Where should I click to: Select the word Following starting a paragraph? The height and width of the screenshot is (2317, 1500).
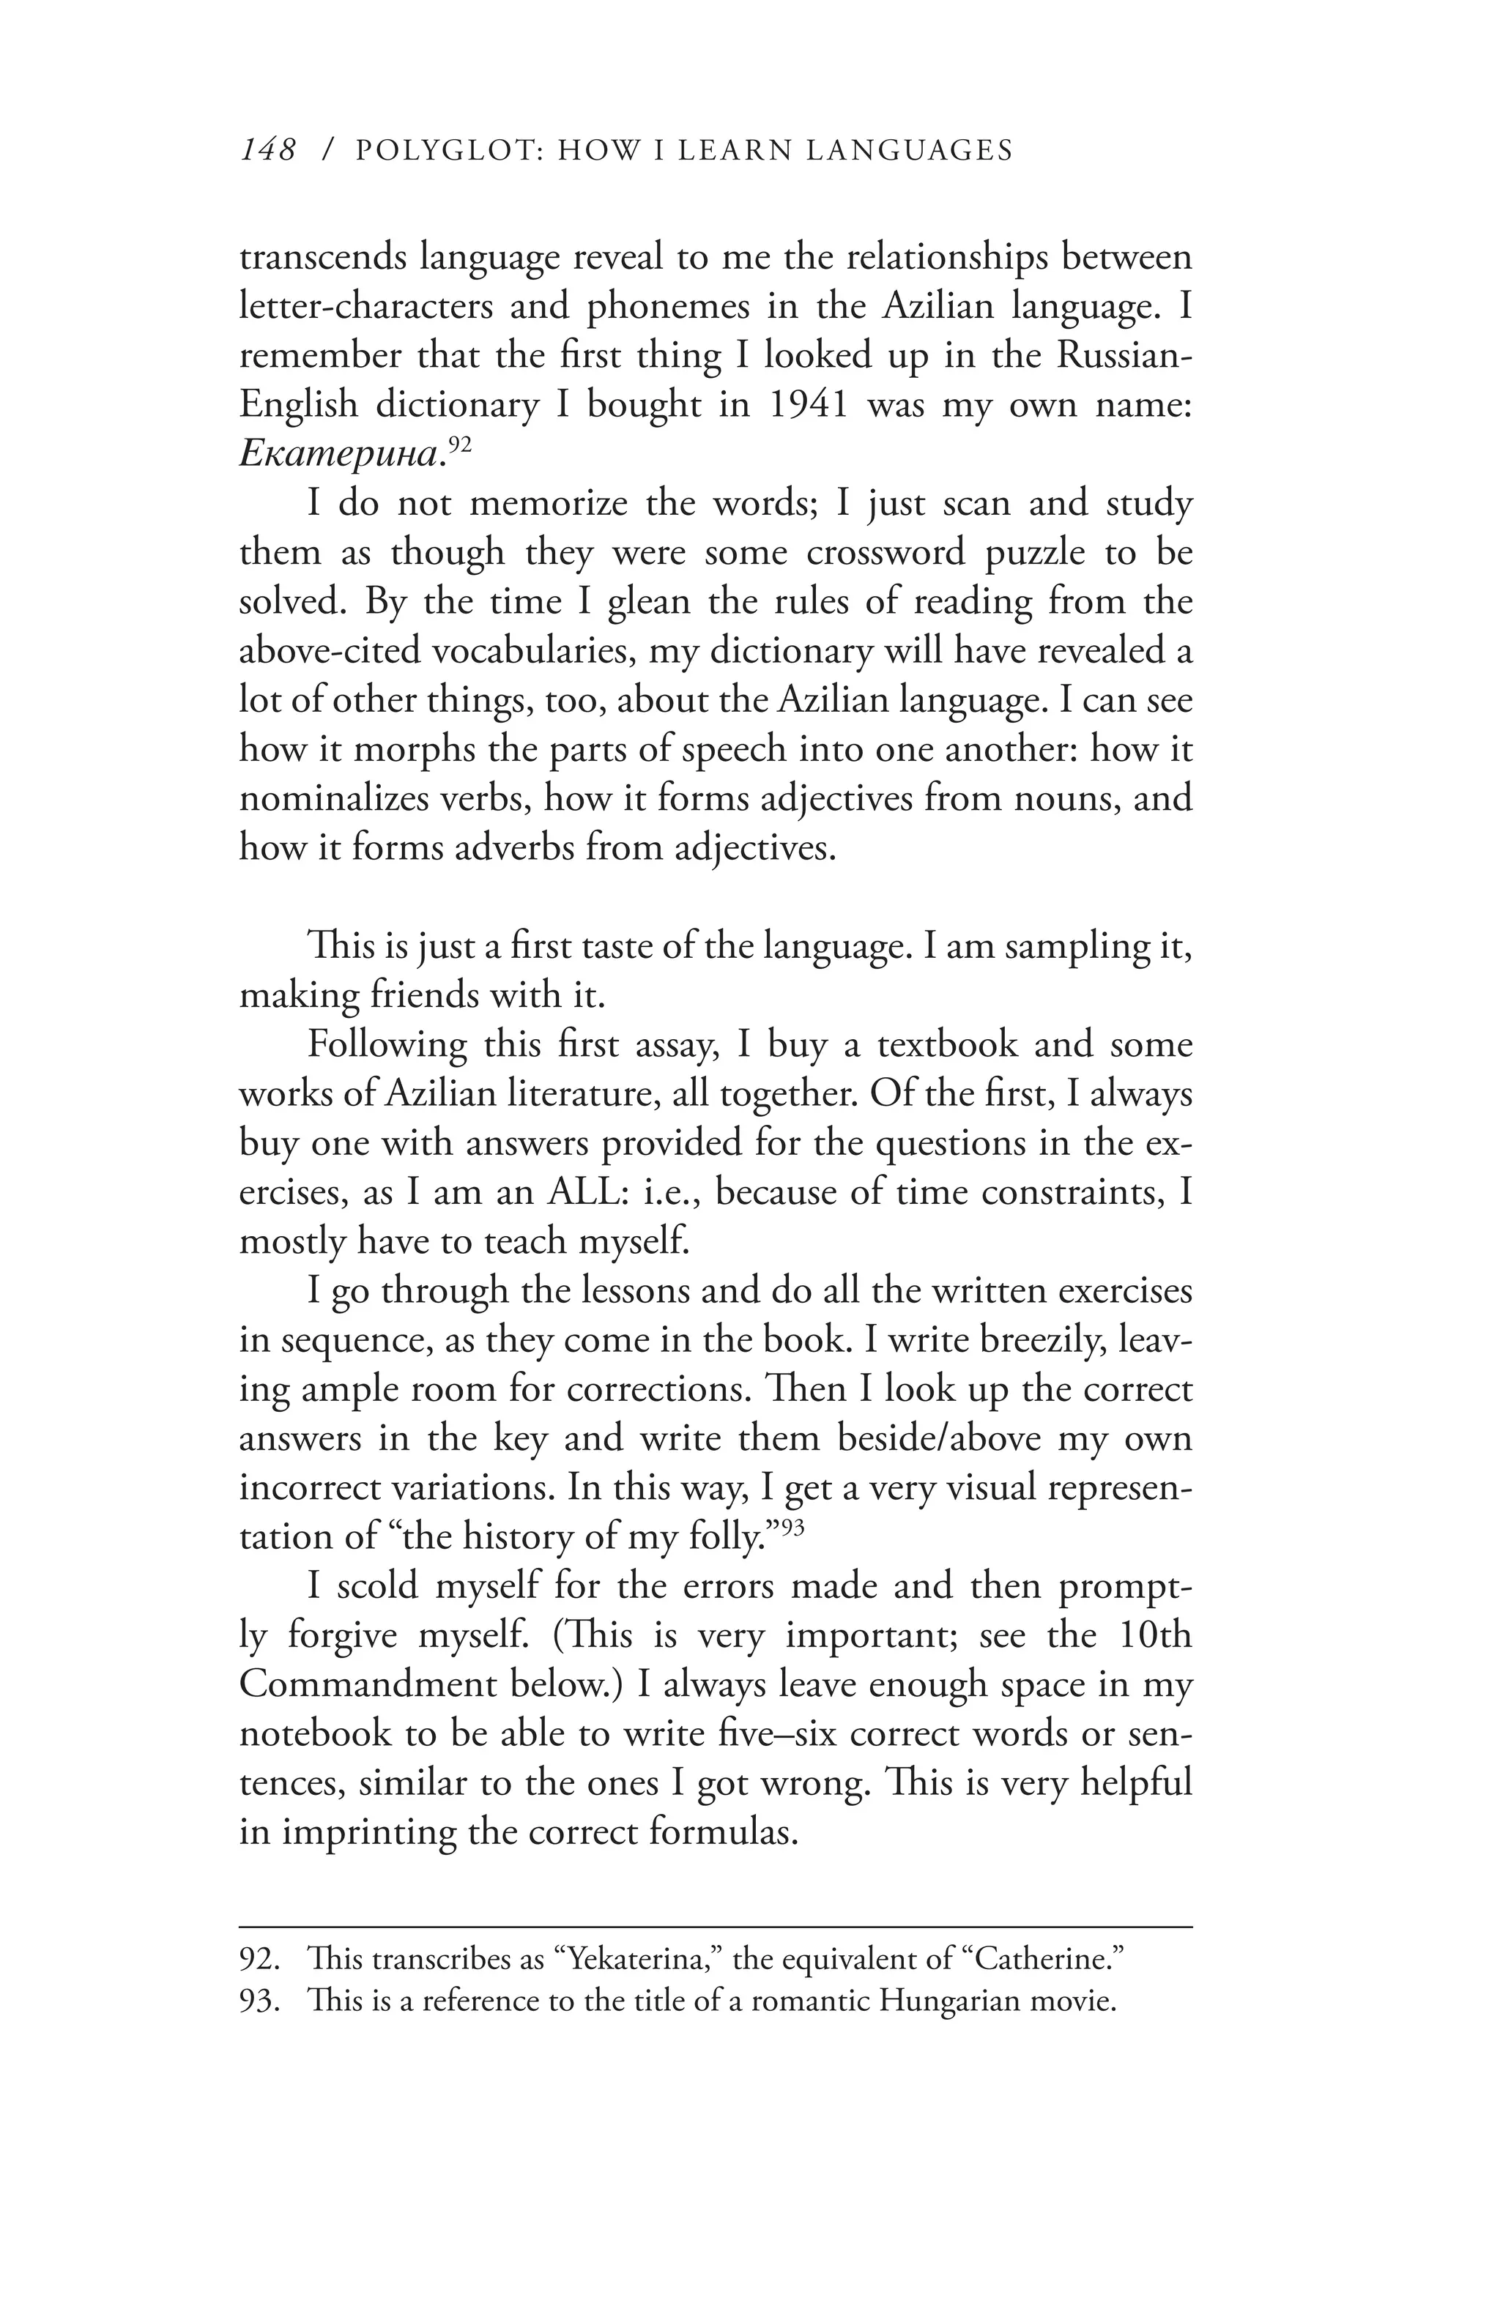387,1044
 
